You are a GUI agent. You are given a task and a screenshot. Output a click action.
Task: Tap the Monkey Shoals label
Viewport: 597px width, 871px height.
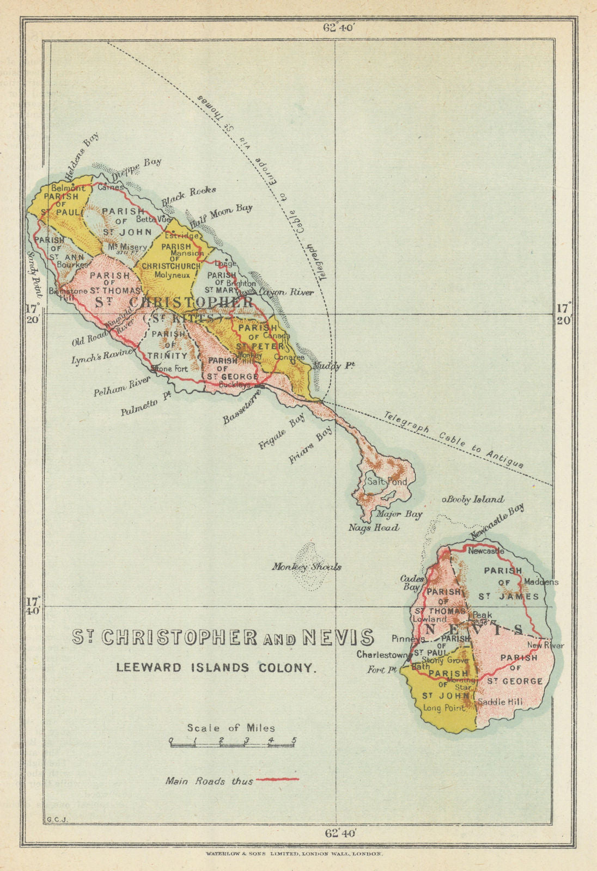(x=307, y=567)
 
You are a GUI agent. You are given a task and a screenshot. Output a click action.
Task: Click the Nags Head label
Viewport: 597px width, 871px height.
(x=374, y=527)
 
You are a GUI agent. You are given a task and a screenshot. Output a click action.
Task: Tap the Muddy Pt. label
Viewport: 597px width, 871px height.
(x=333, y=366)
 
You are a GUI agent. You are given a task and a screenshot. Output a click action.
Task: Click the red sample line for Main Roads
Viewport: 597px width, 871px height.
(x=277, y=779)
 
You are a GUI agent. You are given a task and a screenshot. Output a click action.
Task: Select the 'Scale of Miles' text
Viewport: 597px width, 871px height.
(x=231, y=728)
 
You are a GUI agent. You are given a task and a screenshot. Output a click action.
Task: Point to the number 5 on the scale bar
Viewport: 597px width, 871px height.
(x=294, y=740)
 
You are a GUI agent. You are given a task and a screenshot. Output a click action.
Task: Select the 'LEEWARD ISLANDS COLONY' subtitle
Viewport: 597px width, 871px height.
(x=216, y=667)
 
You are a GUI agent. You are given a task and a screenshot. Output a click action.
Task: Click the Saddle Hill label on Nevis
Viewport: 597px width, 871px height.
(x=499, y=702)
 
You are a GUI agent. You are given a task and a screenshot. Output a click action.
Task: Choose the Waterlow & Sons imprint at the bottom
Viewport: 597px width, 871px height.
(x=294, y=854)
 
